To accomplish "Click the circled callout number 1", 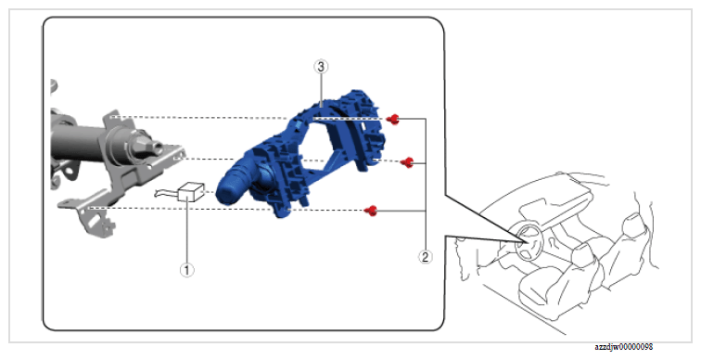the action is pyautogui.click(x=187, y=270).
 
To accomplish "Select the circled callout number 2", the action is pyautogui.click(x=425, y=257).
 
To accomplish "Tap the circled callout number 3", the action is pyautogui.click(x=321, y=67).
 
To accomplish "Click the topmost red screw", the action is pyautogui.click(x=393, y=119).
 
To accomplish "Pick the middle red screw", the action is pyautogui.click(x=407, y=162).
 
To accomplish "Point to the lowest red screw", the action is pyautogui.click(x=371, y=211).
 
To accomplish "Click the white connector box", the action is pyautogui.click(x=191, y=192).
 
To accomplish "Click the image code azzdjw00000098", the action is pyautogui.click(x=623, y=347).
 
